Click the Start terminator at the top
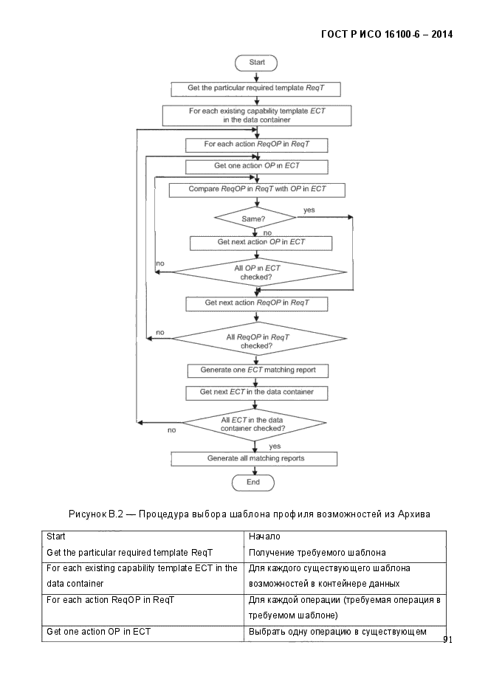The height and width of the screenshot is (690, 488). [x=256, y=63]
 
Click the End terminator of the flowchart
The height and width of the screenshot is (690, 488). [x=253, y=483]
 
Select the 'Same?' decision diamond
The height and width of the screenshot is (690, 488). [x=255, y=218]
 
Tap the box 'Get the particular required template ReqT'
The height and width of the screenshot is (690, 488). [x=255, y=89]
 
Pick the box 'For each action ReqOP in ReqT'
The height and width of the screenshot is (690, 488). [x=256, y=145]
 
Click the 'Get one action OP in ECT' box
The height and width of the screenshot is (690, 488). [x=256, y=167]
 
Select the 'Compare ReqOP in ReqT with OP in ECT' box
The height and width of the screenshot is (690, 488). [x=257, y=190]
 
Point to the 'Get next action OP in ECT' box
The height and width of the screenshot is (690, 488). [x=261, y=243]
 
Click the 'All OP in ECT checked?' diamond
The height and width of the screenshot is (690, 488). [x=258, y=272]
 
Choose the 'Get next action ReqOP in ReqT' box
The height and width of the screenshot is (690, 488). [x=256, y=303]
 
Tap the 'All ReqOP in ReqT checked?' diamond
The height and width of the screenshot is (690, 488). [x=258, y=339]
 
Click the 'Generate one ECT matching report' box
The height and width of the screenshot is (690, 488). [x=258, y=370]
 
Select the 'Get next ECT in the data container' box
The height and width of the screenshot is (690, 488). [x=256, y=393]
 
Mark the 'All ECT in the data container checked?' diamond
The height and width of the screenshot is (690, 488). [x=255, y=424]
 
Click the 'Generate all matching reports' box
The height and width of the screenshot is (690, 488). [x=254, y=458]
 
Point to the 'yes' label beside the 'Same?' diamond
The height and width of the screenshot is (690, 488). [x=309, y=210]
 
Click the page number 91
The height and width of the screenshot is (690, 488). [x=447, y=639]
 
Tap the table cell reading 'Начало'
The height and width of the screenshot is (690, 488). [x=264, y=537]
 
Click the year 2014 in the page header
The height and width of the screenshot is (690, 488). [x=441, y=35]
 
